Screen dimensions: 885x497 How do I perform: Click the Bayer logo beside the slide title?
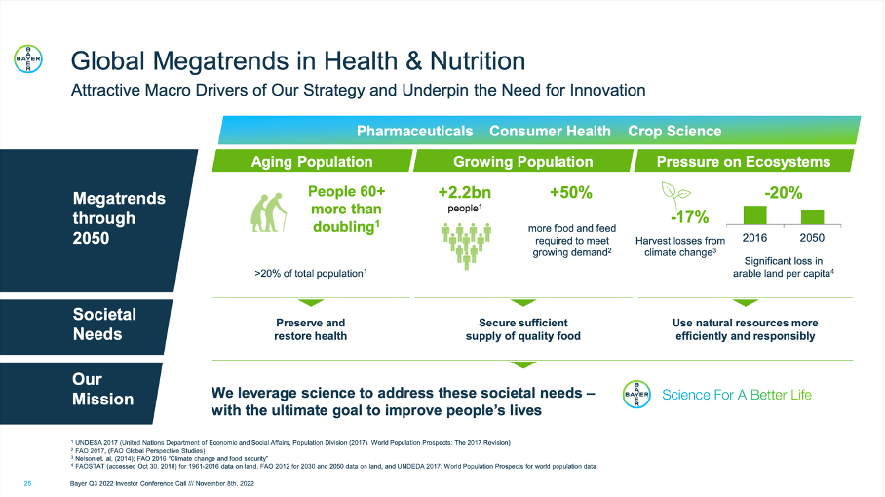tap(28, 58)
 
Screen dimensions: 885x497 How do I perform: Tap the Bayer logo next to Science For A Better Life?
tap(636, 395)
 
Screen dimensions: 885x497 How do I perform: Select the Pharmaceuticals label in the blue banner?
tap(415, 131)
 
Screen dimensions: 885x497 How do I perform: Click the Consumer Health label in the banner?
tap(550, 131)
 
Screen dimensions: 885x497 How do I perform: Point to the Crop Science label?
tap(674, 131)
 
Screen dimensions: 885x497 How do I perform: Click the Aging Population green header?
tap(312, 162)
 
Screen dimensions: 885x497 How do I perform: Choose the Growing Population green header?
tap(523, 162)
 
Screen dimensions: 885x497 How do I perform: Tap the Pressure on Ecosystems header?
tap(744, 162)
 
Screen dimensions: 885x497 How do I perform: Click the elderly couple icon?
tap(268, 212)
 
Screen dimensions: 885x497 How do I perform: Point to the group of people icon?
tap(467, 246)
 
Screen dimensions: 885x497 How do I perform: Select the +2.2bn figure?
tap(465, 193)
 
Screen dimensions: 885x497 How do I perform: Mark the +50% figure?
tap(571, 193)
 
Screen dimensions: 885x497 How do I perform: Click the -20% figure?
tap(784, 193)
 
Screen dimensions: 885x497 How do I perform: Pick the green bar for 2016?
tap(754, 215)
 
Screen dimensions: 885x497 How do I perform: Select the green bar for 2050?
tap(812, 217)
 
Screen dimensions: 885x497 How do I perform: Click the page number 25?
tap(27, 484)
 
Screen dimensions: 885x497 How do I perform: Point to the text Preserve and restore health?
tap(310, 329)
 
